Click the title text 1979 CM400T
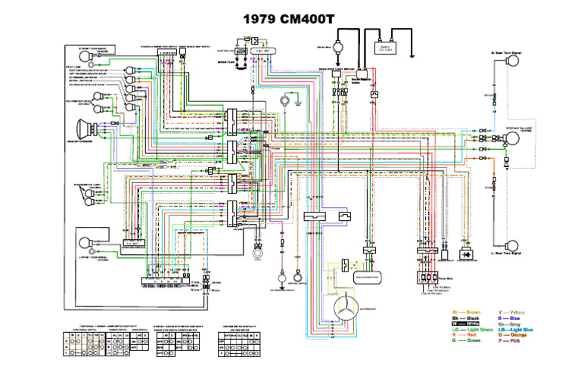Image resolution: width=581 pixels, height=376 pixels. point(290,17)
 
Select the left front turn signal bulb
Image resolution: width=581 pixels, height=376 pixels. point(89,244)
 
